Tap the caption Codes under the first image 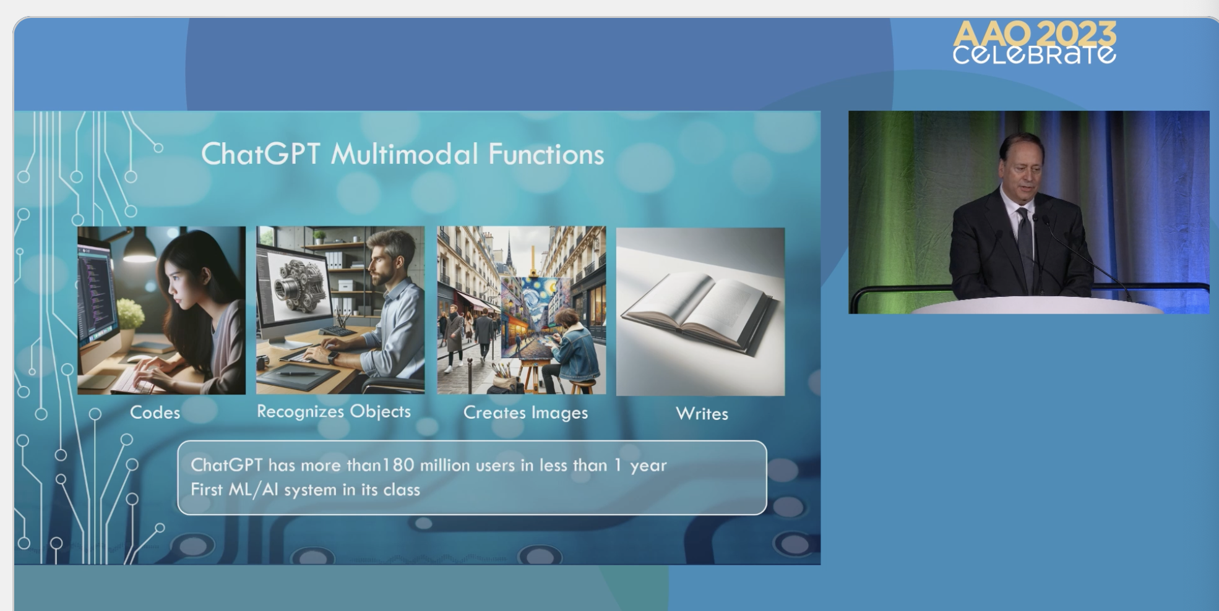pos(155,412)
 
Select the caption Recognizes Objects pos(334,411)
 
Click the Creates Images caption pos(525,412)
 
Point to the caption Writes pos(702,414)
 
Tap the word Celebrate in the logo pos(1034,54)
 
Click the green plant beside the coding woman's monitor pos(130,313)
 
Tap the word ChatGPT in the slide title pos(260,154)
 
